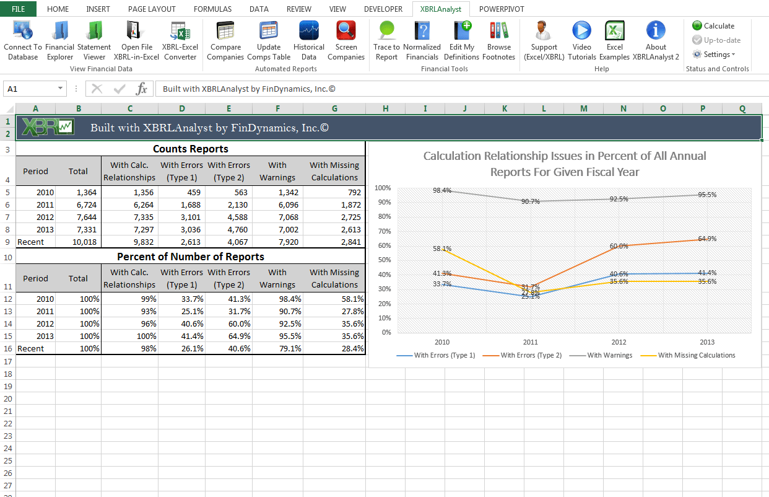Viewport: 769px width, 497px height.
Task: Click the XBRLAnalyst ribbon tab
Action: pos(440,9)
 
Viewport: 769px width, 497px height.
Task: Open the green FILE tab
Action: pos(19,9)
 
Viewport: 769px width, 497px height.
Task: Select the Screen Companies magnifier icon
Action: pos(346,30)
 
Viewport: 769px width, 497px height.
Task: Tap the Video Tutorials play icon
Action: pos(581,30)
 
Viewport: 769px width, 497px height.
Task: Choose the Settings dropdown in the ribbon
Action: pos(715,55)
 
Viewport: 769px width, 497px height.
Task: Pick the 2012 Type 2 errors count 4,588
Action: pos(228,218)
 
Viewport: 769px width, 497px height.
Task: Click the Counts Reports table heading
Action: pos(190,149)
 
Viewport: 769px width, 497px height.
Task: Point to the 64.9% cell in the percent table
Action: pos(228,336)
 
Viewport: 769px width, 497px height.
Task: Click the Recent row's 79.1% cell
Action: pos(277,349)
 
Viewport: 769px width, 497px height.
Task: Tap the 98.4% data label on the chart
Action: pos(442,191)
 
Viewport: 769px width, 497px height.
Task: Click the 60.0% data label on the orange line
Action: pos(619,247)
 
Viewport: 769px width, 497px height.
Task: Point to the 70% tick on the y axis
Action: pos(383,231)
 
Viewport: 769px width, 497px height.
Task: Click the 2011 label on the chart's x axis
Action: pos(531,342)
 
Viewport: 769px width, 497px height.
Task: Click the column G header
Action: pos(334,108)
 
